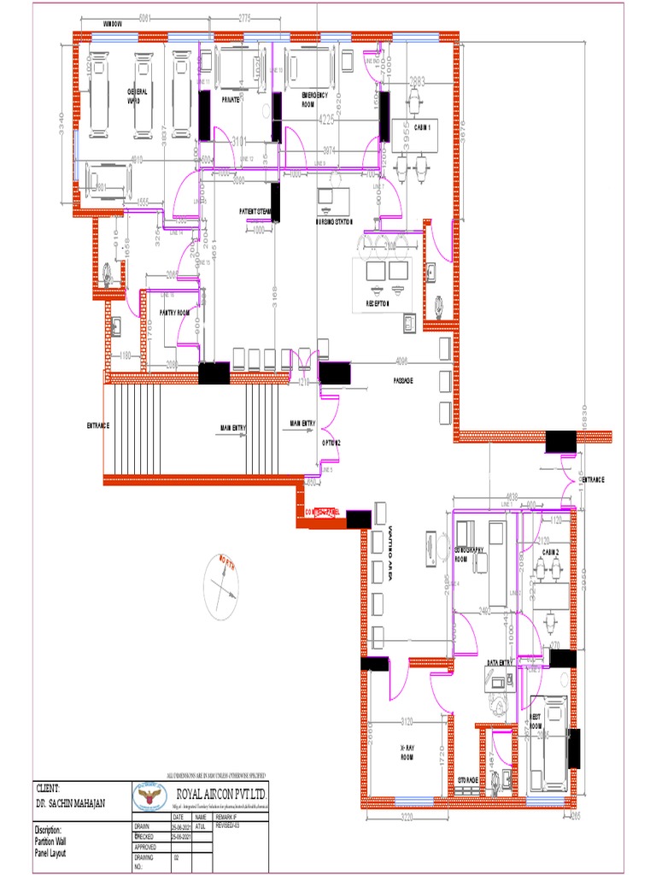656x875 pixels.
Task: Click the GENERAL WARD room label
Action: pyautogui.click(x=138, y=95)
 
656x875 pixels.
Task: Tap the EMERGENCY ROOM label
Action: pyautogui.click(x=315, y=99)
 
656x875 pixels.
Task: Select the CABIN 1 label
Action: pyautogui.click(x=422, y=126)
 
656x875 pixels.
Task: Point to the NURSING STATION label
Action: pyautogui.click(x=334, y=221)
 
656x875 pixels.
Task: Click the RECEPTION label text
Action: pyautogui.click(x=378, y=302)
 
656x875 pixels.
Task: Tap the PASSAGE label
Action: pyautogui.click(x=404, y=380)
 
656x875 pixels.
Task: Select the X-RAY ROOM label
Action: pyautogui.click(x=407, y=750)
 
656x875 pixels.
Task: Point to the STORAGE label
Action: pyautogui.click(x=467, y=780)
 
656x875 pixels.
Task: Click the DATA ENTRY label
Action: pyautogui.click(x=500, y=662)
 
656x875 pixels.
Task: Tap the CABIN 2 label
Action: pyautogui.click(x=550, y=553)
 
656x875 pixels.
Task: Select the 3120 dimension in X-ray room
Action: pyautogui.click(x=407, y=722)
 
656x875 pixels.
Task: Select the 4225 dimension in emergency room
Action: pyautogui.click(x=326, y=119)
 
